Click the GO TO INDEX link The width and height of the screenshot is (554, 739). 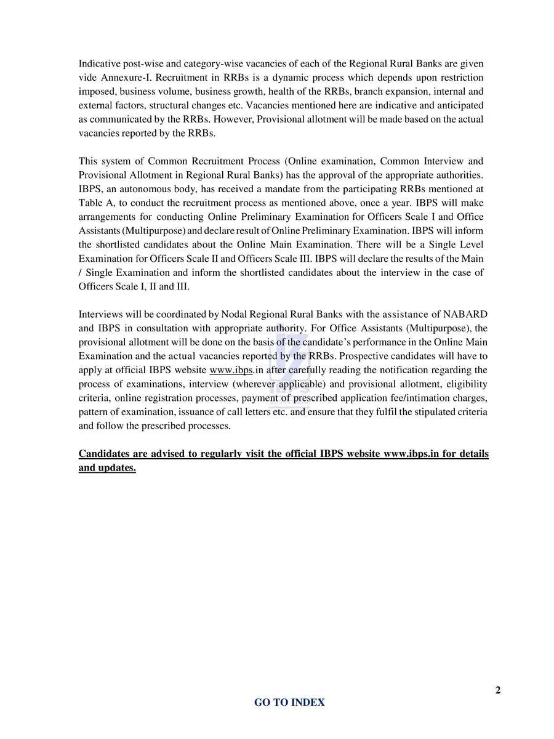pos(289,702)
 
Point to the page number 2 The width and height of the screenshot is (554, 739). pos(497,690)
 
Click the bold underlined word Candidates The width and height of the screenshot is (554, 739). pos(103,454)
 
